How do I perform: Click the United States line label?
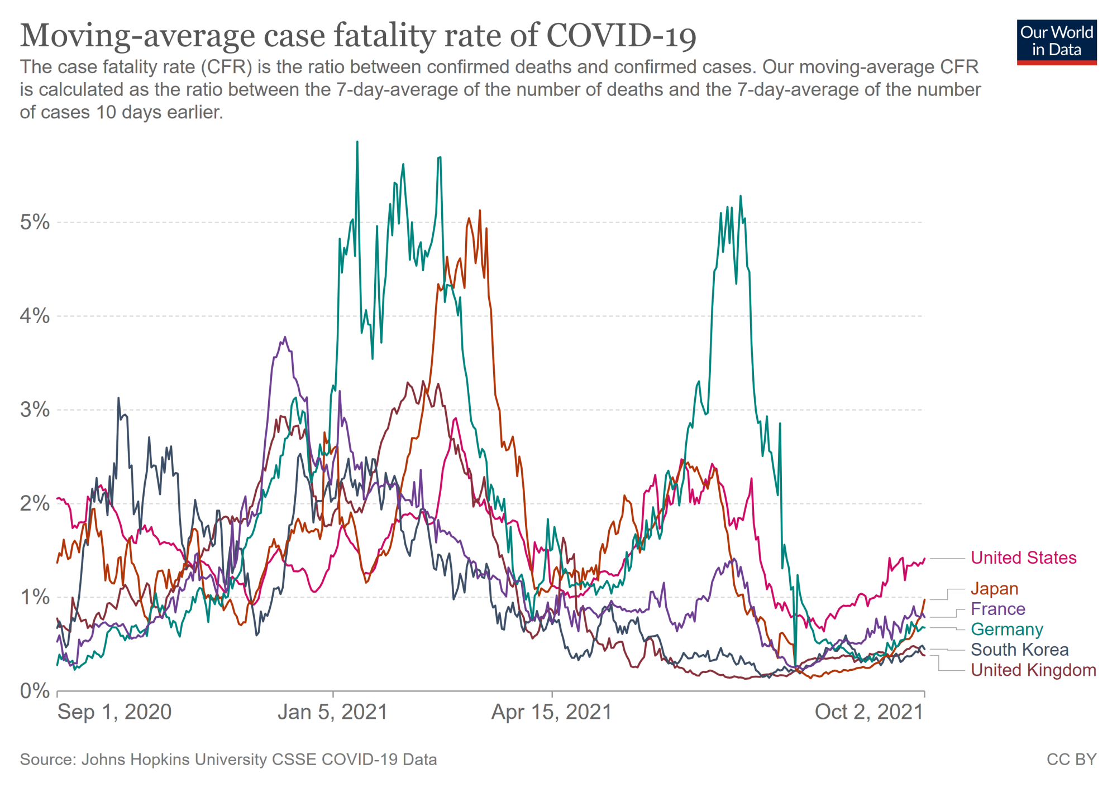pyautogui.click(x=1023, y=558)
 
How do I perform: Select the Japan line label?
pyautogui.click(x=994, y=588)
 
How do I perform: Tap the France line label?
pyautogui.click(x=997, y=609)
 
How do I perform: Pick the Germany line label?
pyautogui.click(x=1006, y=629)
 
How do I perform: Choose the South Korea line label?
pyautogui.click(x=1019, y=650)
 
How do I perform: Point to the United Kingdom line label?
pyautogui.click(x=1033, y=670)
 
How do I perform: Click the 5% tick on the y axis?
pyautogui.click(x=35, y=222)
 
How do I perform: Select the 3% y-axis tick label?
pyautogui.click(x=35, y=410)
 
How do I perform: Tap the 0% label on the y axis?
pyautogui.click(x=35, y=691)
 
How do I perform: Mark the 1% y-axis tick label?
pyautogui.click(x=35, y=597)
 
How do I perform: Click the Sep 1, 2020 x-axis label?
pyautogui.click(x=114, y=712)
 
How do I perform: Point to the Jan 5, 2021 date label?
pyautogui.click(x=333, y=712)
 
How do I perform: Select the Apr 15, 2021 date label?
pyautogui.click(x=552, y=712)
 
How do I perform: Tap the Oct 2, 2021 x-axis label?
pyautogui.click(x=869, y=712)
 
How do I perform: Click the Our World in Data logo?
pyautogui.click(x=1057, y=42)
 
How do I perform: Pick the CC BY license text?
pyautogui.click(x=1071, y=760)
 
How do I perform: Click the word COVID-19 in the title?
pyautogui.click(x=621, y=36)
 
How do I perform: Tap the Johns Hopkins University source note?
pyautogui.click(x=228, y=760)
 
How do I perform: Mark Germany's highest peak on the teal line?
pyautogui.click(x=357, y=142)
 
